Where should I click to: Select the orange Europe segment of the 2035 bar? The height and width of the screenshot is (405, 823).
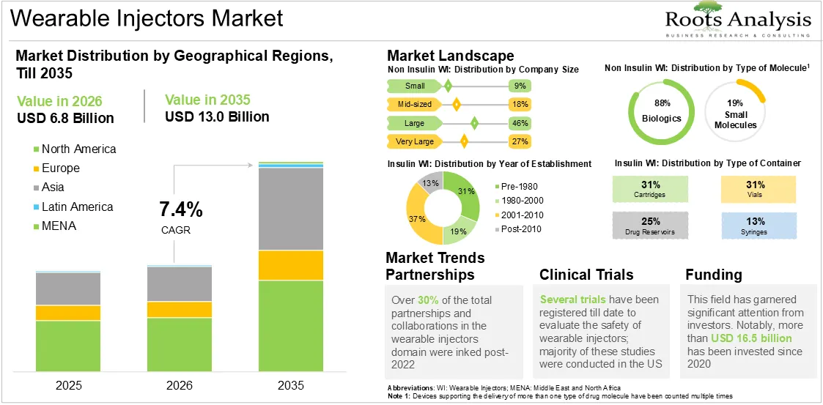[x=291, y=265]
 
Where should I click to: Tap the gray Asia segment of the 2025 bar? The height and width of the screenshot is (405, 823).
[x=68, y=289]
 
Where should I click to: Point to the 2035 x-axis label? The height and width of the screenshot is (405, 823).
[x=291, y=385]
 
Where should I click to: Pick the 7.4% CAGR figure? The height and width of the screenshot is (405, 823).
[x=181, y=210]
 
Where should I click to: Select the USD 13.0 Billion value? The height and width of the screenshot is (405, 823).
[x=218, y=116]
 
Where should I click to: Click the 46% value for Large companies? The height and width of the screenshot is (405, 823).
[x=520, y=123]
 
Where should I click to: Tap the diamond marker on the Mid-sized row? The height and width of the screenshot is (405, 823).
[x=456, y=105]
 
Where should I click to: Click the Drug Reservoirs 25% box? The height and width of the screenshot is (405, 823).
[x=650, y=225]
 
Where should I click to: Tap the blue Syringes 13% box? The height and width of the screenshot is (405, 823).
[x=759, y=225]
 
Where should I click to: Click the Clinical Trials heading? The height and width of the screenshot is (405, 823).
[x=586, y=275]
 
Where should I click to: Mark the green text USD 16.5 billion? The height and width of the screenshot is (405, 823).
[x=751, y=338]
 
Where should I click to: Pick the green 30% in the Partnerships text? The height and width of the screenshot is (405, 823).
[x=427, y=300]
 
